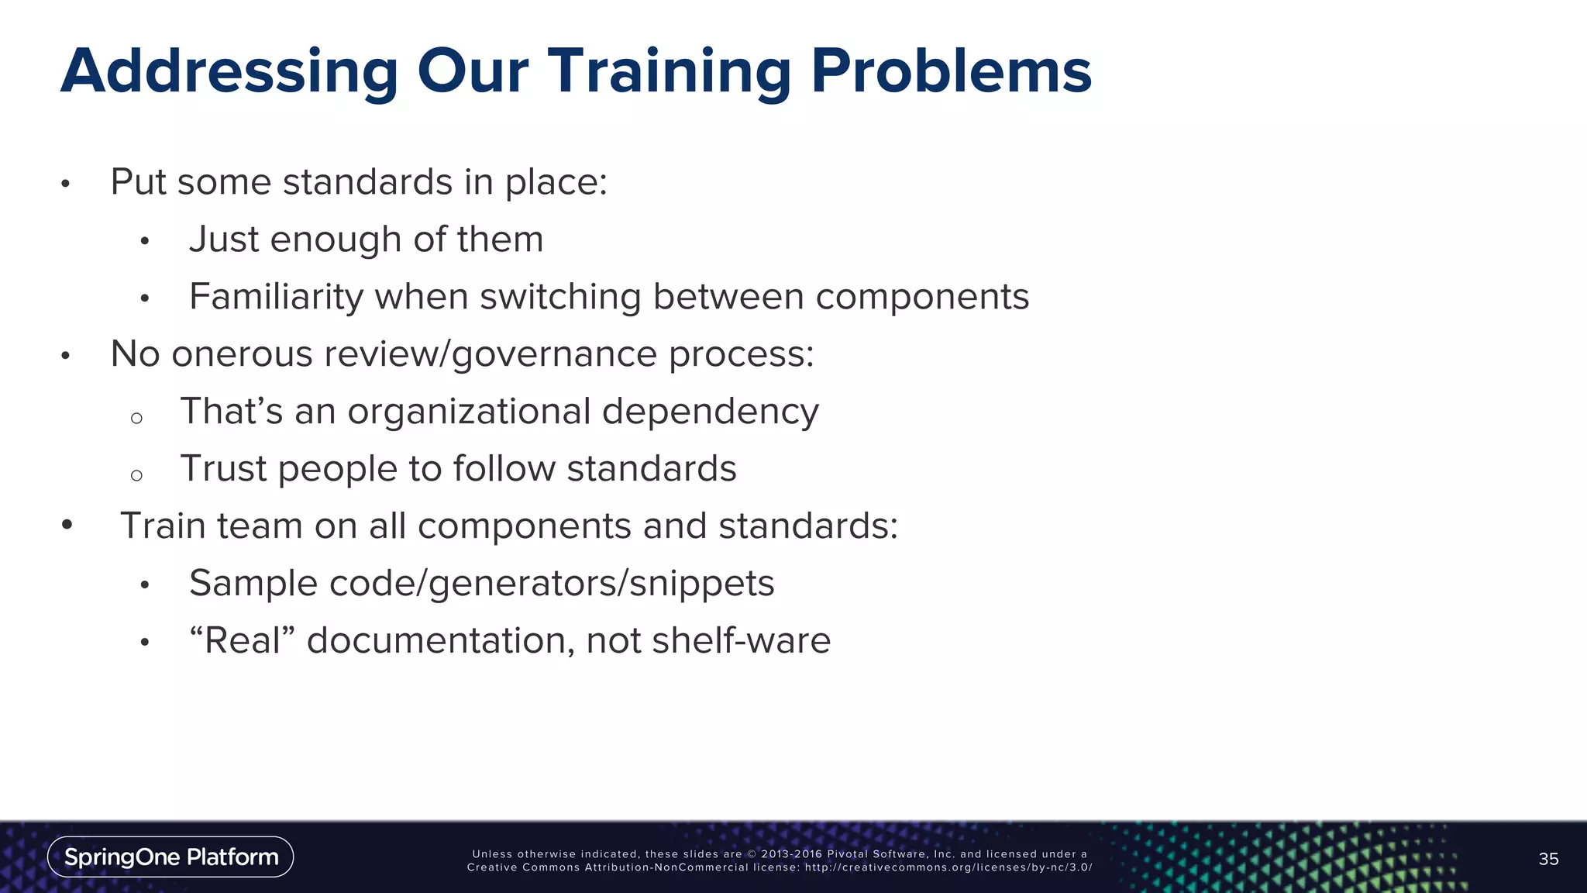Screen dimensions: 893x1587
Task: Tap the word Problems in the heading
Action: tap(951, 72)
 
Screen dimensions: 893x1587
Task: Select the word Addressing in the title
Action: tap(229, 72)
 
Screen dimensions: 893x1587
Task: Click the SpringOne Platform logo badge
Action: tap(170, 857)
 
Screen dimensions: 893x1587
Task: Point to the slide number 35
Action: tap(1548, 859)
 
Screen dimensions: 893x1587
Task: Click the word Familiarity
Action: tap(276, 297)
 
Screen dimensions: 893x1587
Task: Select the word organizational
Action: tap(469, 411)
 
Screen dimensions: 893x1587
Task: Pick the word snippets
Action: tap(702, 583)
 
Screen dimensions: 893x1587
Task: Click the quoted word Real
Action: tap(243, 640)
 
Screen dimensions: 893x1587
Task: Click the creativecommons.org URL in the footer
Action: tap(948, 867)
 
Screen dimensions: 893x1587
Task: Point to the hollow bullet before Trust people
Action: tap(136, 475)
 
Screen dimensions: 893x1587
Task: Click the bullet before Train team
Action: tap(67, 526)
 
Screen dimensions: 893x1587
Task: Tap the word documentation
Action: tap(440, 640)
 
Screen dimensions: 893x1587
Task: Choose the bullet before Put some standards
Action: tap(66, 184)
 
